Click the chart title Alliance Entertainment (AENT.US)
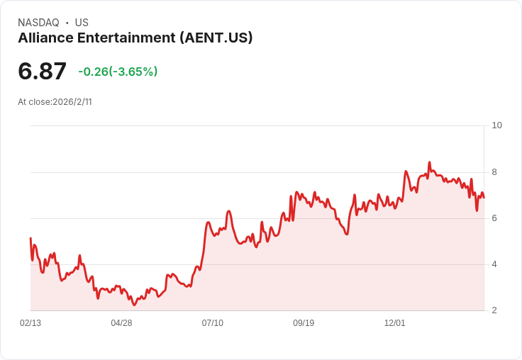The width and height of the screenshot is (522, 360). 135,38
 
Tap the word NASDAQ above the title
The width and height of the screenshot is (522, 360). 38,23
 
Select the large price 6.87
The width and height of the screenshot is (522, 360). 43,72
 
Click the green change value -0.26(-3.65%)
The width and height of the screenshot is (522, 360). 118,72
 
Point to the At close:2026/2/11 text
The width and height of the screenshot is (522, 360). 55,102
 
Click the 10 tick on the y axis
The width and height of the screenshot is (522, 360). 496,125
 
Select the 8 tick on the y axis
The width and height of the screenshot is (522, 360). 494,172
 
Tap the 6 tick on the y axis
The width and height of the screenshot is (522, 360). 494,218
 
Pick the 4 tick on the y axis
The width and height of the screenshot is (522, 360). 494,264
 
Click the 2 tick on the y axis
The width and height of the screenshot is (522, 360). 494,310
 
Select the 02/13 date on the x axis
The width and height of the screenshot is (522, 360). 30,323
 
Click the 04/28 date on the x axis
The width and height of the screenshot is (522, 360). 121,323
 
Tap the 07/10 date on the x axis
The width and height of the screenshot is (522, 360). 213,323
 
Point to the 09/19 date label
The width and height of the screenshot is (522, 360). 304,323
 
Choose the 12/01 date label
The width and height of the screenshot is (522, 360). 395,323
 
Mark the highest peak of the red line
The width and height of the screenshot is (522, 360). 430,162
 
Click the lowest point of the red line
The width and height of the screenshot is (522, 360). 134,305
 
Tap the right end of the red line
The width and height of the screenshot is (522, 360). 484,198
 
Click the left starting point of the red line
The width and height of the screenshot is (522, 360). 30,238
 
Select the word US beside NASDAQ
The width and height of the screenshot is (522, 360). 82,23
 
